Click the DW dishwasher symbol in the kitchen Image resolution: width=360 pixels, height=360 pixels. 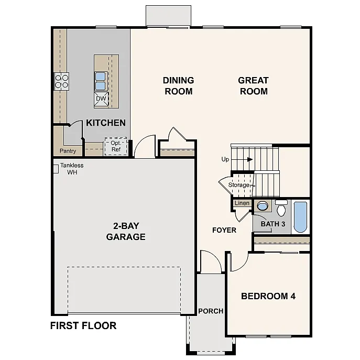pyautogui.click(x=101, y=99)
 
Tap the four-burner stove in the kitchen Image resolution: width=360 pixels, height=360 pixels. pyautogui.click(x=62, y=81)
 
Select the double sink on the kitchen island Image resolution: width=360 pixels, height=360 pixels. pyautogui.click(x=101, y=81)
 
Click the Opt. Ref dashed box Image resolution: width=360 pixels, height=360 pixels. pyautogui.click(x=115, y=146)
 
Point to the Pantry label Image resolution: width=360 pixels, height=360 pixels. pyautogui.click(x=68, y=151)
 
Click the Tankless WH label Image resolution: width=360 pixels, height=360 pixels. pyautogui.click(x=72, y=169)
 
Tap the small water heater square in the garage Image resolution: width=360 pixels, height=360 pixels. pyautogui.click(x=55, y=169)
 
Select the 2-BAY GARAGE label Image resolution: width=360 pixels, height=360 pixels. pyautogui.click(x=126, y=231)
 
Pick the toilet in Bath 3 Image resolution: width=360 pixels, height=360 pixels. pyautogui.click(x=281, y=209)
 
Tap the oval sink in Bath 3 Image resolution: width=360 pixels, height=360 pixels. pyautogui.click(x=263, y=206)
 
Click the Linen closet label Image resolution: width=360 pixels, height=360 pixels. pyautogui.click(x=242, y=203)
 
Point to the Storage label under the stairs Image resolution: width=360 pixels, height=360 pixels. pyautogui.click(x=239, y=185)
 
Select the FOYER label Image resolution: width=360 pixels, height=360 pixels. pyautogui.click(x=224, y=230)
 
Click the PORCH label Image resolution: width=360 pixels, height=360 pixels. pyautogui.click(x=211, y=311)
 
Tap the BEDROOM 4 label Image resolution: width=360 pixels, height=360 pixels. pyautogui.click(x=268, y=296)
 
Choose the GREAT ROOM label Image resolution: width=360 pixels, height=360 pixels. pyautogui.click(x=253, y=85)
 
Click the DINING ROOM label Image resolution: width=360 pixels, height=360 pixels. pyautogui.click(x=178, y=85)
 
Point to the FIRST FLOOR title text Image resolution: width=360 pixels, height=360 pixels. pyautogui.click(x=83, y=325)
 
